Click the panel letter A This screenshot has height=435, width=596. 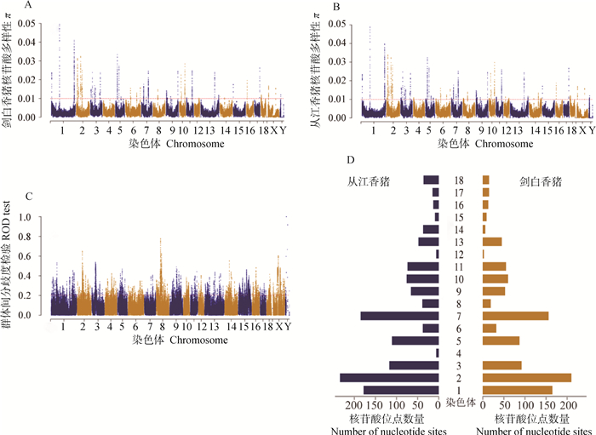coord(27,6)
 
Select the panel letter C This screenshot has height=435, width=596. coord(28,197)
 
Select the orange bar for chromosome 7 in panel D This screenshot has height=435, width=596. coord(519,316)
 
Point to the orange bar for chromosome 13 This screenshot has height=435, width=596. coord(492,242)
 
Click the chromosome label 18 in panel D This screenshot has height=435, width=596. coord(460,180)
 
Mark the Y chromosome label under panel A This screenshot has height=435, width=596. coord(283,130)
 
